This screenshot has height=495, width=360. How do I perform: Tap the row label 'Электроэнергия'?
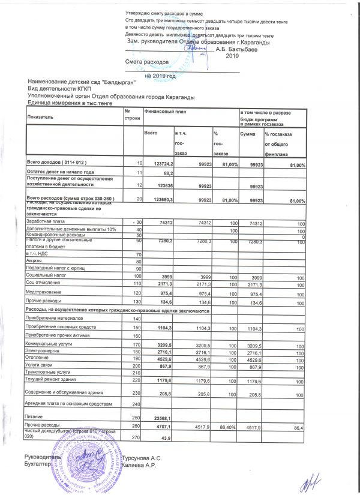[x=44, y=352]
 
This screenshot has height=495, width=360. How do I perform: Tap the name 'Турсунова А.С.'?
[x=140, y=457]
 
